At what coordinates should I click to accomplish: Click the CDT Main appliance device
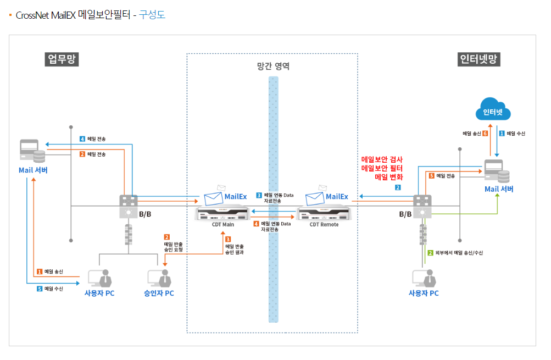pos(222,212)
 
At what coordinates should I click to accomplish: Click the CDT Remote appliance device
pos(323,212)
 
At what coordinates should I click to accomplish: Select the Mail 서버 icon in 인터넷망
pos(497,171)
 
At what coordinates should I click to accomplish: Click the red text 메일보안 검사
pos(382,159)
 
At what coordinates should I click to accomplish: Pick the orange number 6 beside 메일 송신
pos(485,133)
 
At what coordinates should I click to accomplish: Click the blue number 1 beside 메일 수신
pos(502,133)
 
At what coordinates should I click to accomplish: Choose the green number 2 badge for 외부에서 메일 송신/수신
pos(430,253)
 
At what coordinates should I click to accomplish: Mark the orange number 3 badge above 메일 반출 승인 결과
pos(227,239)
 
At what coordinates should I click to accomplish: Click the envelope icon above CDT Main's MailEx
pos(222,188)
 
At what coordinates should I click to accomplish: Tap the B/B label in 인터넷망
pos(405,214)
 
